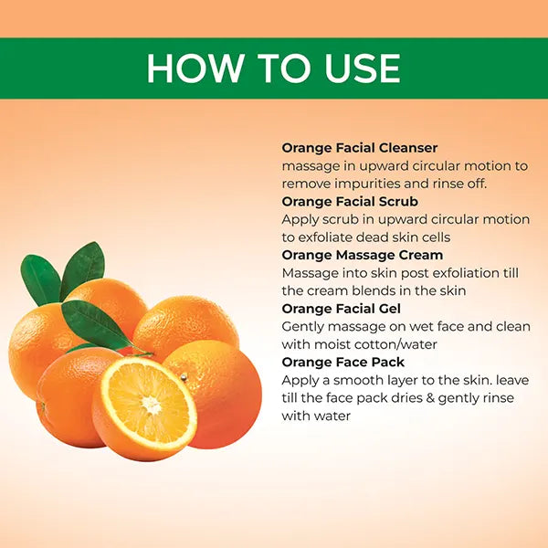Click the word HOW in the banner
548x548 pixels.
tap(195, 68)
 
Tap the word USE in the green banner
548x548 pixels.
tap(362, 68)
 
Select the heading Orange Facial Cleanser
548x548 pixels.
tap(360, 148)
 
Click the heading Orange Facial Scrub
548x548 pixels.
tap(350, 201)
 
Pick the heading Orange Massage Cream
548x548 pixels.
tap(363, 255)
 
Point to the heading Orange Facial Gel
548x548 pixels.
tap(341, 309)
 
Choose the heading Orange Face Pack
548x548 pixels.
tap(342, 362)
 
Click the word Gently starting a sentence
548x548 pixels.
tap(302, 327)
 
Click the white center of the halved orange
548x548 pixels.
tap(152, 405)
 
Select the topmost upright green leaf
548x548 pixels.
tap(83, 269)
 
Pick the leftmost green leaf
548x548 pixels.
tap(40, 280)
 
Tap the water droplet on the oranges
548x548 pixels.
tap(184, 377)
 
